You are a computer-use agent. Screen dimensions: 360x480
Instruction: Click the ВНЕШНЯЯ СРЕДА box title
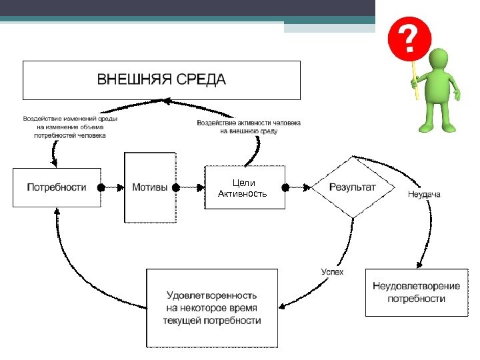click(161, 80)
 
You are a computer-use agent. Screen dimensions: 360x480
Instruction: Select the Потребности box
click(57, 187)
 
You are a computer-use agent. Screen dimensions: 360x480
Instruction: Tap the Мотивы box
click(150, 187)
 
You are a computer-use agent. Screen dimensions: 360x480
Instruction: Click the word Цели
click(243, 183)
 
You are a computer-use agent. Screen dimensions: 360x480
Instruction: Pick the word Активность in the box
click(243, 194)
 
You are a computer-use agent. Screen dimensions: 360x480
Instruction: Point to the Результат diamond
click(352, 187)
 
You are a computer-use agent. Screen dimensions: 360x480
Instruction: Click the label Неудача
click(423, 194)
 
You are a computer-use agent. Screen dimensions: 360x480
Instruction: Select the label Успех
click(332, 272)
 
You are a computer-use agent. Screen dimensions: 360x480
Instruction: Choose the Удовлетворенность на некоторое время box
click(211, 307)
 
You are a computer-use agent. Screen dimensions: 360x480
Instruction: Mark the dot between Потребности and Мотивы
click(101, 188)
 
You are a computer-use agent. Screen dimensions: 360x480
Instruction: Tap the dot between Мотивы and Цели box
click(177, 188)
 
